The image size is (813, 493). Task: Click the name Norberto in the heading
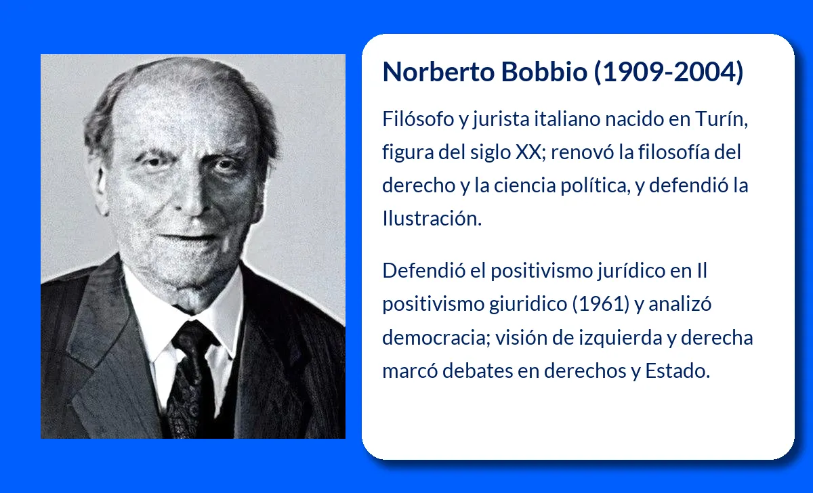click(438, 72)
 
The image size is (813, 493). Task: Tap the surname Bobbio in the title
click(545, 72)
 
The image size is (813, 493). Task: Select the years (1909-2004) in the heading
click(669, 72)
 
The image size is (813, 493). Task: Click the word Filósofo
click(418, 119)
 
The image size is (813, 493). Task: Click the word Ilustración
click(432, 219)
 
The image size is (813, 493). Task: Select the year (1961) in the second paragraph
click(601, 303)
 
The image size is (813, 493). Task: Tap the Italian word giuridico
click(528, 304)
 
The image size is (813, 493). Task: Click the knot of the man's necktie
click(192, 336)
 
